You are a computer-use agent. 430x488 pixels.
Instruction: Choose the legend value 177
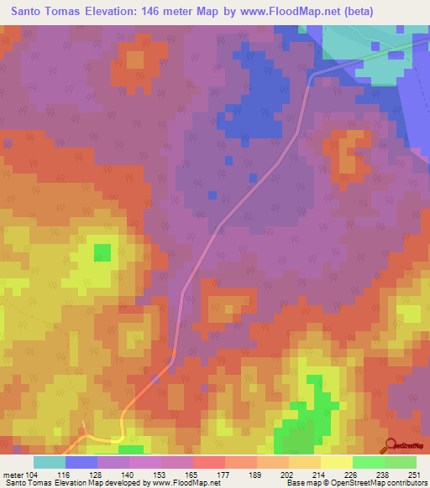(223, 474)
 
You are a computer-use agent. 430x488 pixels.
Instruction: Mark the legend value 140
(128, 474)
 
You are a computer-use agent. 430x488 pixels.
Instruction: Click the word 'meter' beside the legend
(13, 474)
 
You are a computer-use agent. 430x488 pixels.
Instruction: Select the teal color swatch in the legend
(50, 462)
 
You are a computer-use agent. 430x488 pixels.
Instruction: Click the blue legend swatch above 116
(81, 462)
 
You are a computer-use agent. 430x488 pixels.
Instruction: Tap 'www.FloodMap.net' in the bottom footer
(180, 483)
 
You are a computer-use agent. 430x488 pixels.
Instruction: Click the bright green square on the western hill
(102, 252)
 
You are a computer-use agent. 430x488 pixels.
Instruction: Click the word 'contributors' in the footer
(406, 483)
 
